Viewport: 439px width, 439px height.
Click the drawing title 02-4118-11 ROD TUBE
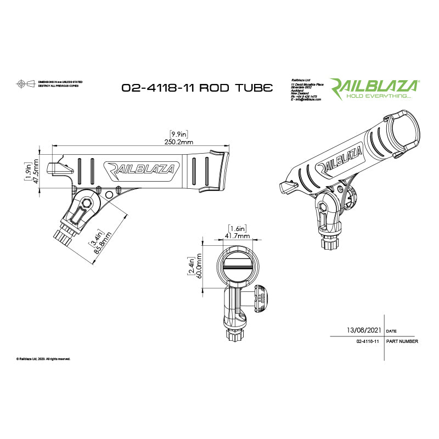(x=196, y=88)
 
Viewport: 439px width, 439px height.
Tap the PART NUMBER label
(x=402, y=341)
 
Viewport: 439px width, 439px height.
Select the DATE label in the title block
(x=391, y=332)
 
